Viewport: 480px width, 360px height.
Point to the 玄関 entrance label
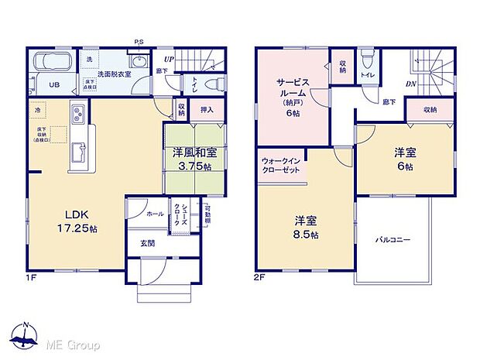147,242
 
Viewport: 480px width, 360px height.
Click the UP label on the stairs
168,57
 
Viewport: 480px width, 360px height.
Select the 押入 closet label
207,111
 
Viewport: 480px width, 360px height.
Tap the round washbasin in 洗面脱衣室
139,63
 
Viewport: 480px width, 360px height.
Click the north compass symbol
26,337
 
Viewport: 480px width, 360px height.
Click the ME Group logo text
74,343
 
